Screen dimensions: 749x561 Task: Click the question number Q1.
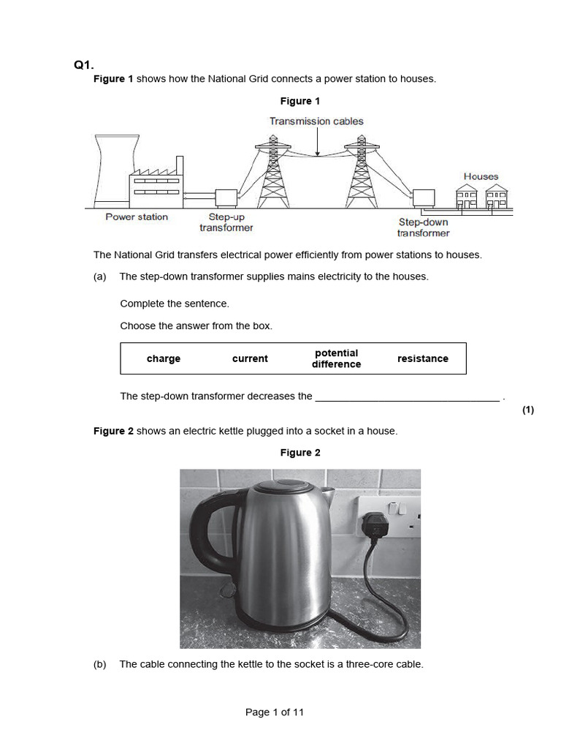(84, 65)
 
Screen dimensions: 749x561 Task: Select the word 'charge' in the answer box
(163, 358)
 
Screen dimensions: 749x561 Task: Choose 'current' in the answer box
(250, 358)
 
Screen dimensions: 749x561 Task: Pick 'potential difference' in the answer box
(336, 358)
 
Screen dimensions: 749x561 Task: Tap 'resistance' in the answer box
(422, 358)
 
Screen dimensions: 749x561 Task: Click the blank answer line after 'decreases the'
(407, 396)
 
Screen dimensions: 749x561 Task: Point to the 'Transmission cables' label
(316, 121)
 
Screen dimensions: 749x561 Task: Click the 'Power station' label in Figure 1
(137, 217)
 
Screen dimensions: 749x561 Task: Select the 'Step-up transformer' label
(226, 222)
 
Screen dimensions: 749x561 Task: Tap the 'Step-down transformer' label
(423, 227)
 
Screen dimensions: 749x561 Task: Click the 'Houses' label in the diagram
(481, 176)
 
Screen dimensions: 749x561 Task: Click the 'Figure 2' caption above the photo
(300, 453)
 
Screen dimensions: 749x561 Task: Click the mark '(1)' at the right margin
(528, 410)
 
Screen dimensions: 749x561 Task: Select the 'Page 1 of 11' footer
(275, 712)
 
